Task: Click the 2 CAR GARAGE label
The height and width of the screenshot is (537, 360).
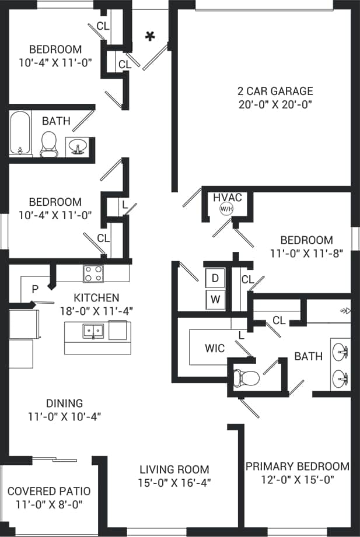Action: tap(275, 91)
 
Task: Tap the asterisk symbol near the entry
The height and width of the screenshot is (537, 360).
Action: tap(150, 37)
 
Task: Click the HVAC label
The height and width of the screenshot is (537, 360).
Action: tap(228, 198)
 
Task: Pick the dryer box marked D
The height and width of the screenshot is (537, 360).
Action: tap(215, 279)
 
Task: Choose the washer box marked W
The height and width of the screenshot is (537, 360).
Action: tap(215, 300)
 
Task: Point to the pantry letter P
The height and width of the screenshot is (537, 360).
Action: tap(35, 289)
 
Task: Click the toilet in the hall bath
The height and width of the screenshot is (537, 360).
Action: tap(48, 144)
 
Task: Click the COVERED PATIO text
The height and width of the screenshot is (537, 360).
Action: tap(49, 491)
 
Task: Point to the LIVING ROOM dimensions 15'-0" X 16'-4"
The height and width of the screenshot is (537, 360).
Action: tap(174, 482)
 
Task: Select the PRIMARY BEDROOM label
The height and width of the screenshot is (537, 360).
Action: tap(297, 466)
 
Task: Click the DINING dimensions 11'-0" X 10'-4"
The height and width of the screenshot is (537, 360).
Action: tap(65, 416)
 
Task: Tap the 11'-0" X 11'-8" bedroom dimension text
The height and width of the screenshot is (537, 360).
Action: tap(307, 253)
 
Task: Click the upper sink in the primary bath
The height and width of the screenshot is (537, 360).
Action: tap(340, 352)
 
